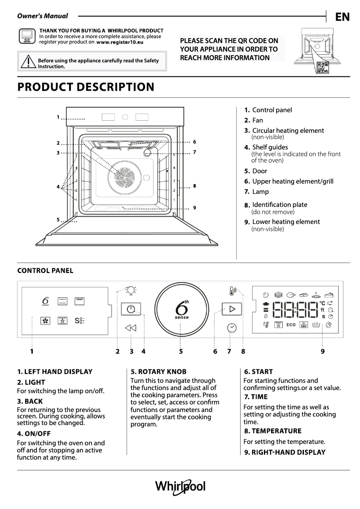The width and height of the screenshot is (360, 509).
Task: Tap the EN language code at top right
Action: [x=342, y=17]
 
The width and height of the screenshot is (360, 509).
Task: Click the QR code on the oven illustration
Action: [x=322, y=67]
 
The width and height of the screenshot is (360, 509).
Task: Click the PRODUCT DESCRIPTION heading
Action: [x=85, y=87]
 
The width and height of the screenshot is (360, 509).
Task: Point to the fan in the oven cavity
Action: [x=123, y=174]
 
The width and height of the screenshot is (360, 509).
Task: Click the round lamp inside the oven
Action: [x=147, y=153]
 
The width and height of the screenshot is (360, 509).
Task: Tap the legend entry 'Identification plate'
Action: [x=279, y=205]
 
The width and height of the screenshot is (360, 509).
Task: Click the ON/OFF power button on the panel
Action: [x=130, y=310]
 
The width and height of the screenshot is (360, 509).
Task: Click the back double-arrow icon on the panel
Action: [x=130, y=328]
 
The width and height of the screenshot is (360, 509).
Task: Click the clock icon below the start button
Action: [x=232, y=328]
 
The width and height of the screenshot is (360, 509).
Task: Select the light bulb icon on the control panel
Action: [x=131, y=291]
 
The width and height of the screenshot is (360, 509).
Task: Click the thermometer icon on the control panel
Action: [x=232, y=291]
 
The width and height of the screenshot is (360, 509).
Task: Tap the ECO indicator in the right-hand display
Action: [x=291, y=325]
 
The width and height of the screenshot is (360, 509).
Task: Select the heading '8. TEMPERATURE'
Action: [x=272, y=431]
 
